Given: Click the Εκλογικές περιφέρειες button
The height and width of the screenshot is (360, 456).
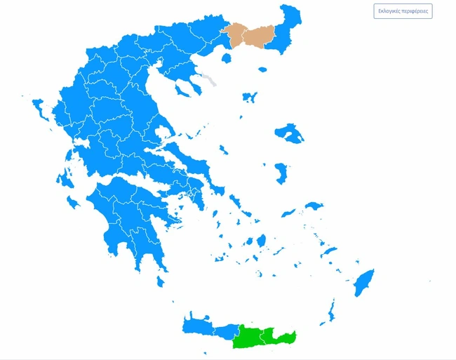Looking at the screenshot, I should (x=403, y=11).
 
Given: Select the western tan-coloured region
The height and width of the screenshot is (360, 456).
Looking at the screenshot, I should (x=238, y=36).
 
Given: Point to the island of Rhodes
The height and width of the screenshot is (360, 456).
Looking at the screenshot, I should (x=363, y=282).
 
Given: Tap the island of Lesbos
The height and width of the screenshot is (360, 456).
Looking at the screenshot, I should (x=288, y=133).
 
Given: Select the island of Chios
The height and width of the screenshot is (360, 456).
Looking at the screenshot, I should (x=281, y=172).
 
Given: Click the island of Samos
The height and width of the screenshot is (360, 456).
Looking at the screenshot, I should (x=314, y=206).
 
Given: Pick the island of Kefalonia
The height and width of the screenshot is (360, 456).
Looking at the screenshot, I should (x=67, y=178).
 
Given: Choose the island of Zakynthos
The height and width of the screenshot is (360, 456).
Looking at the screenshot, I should (x=72, y=204).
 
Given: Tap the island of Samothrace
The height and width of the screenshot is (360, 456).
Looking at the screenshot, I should (x=262, y=69).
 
